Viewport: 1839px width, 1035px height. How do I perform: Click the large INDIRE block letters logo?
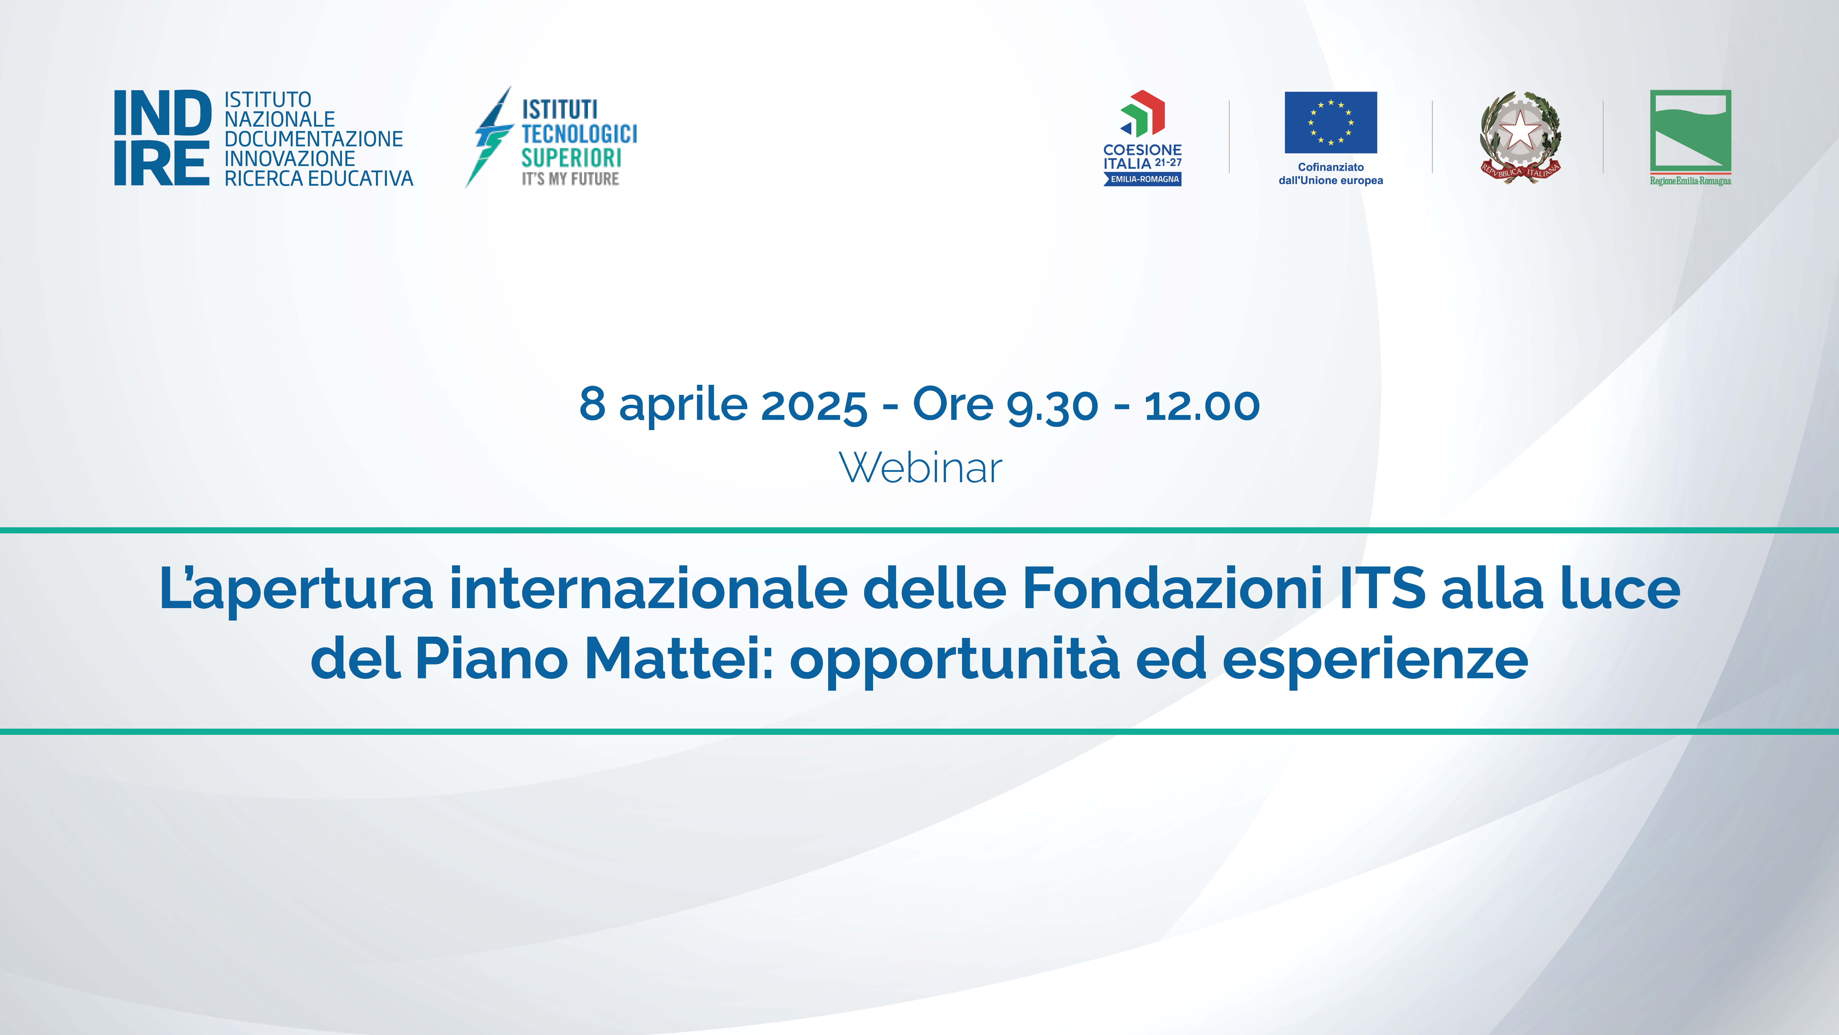click(163, 138)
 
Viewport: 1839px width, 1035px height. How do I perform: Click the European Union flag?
click(1331, 122)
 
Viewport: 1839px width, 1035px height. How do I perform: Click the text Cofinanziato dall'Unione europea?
click(1331, 174)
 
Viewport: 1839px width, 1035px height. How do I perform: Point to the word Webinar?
click(920, 469)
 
